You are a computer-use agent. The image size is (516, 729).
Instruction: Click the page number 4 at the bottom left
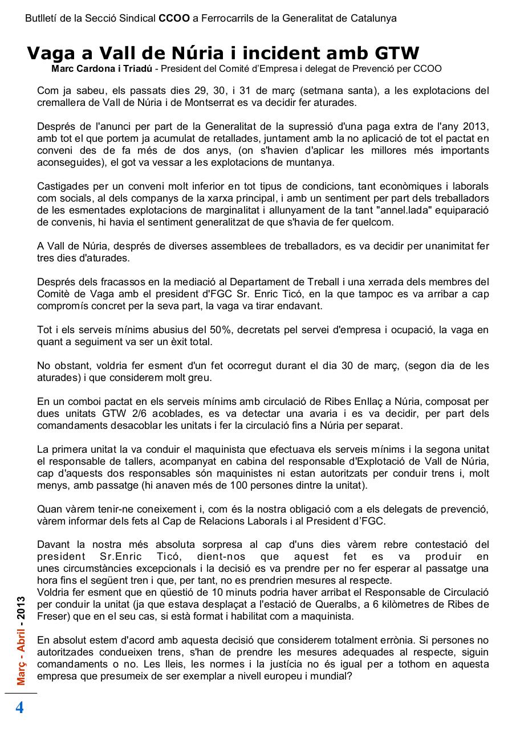(19, 708)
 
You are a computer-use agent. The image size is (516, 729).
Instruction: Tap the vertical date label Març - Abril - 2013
(21, 641)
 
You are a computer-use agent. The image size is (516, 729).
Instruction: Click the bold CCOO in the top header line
(174, 18)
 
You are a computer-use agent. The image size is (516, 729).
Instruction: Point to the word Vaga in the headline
(51, 54)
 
